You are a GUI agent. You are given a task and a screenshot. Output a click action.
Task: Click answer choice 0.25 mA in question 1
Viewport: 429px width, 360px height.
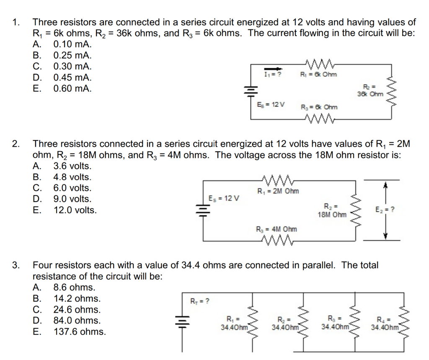coord(72,55)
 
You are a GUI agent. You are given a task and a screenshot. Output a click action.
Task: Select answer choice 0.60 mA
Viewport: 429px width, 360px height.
coord(72,88)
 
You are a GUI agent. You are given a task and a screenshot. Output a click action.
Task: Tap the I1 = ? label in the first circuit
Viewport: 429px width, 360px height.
coord(272,74)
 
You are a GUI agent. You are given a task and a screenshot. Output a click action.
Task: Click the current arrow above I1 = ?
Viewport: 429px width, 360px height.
coord(272,69)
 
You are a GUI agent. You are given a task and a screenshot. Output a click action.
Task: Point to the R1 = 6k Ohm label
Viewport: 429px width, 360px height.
coord(318,75)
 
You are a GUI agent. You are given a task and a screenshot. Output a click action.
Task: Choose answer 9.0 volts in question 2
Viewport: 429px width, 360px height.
coord(72,199)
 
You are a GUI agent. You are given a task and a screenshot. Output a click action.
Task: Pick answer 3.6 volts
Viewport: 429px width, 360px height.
coord(72,166)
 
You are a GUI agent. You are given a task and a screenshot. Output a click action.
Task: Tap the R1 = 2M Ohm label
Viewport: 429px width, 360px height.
coord(278,192)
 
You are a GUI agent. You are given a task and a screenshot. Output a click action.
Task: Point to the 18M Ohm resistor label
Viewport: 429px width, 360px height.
coord(332,210)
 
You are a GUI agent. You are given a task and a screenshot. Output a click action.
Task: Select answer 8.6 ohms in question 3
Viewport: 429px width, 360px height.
coord(74,287)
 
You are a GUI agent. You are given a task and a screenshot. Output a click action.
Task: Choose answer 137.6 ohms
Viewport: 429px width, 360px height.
coord(79,332)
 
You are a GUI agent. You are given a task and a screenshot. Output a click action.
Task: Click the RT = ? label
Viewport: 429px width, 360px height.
coord(200,300)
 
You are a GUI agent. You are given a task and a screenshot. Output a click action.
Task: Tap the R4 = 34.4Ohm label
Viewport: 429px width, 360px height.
coord(385,323)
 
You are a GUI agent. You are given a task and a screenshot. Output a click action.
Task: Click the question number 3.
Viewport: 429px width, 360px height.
coord(16,265)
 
